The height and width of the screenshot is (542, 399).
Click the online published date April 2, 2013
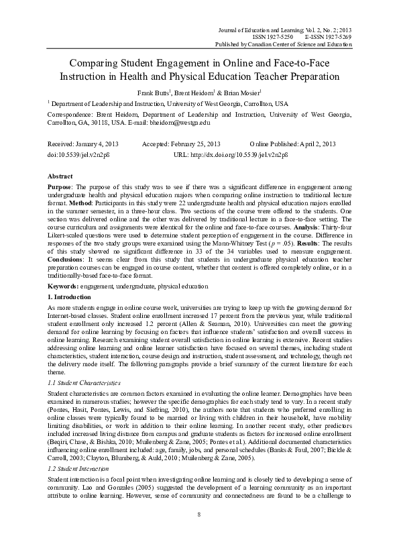(x=317, y=145)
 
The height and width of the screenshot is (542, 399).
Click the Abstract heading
(x=61, y=174)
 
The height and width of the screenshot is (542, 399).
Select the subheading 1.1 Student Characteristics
(x=84, y=382)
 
